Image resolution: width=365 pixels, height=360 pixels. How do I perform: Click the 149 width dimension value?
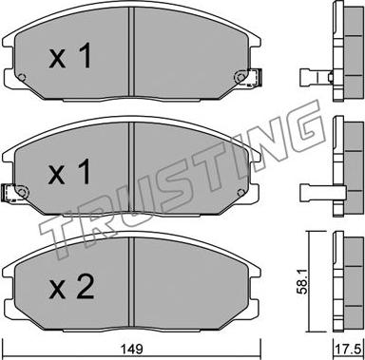click(x=132, y=350)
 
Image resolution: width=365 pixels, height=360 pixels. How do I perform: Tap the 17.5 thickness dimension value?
click(x=349, y=350)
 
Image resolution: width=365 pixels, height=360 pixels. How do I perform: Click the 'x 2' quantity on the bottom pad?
click(x=71, y=287)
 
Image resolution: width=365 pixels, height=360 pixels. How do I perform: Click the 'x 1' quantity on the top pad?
click(x=70, y=56)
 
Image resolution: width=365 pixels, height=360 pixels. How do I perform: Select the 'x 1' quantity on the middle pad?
click(x=69, y=172)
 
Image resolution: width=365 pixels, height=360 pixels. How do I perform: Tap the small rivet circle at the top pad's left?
click(x=22, y=77)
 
